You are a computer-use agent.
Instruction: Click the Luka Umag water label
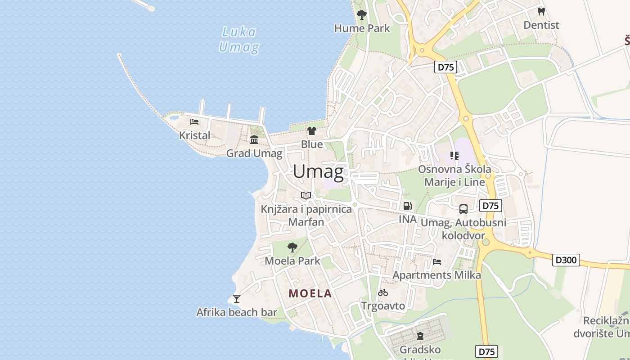click(x=239, y=39)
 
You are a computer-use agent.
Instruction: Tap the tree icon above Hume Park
click(x=361, y=15)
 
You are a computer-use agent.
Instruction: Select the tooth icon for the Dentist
click(x=541, y=12)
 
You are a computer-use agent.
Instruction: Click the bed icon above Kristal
click(x=194, y=122)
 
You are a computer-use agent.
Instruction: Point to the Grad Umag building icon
click(x=254, y=140)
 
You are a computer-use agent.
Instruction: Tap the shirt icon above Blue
click(x=311, y=131)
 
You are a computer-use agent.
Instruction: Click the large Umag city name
click(x=318, y=172)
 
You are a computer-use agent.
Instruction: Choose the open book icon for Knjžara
click(x=306, y=195)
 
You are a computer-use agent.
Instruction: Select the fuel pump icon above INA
click(x=407, y=206)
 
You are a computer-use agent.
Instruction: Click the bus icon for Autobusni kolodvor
click(x=463, y=209)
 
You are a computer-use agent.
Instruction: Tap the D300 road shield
click(x=566, y=260)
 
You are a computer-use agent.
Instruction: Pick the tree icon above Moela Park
click(x=292, y=247)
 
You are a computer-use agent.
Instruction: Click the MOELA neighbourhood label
click(x=310, y=293)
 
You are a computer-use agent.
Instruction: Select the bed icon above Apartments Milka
click(x=436, y=261)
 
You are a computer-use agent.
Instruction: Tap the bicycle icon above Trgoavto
click(x=383, y=292)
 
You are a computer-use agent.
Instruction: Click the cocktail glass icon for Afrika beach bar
click(x=237, y=298)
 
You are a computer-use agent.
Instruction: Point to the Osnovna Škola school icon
click(x=454, y=156)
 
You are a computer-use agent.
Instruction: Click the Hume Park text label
click(x=362, y=28)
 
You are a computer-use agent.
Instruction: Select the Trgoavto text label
click(x=383, y=306)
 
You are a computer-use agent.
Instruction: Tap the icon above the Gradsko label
click(x=420, y=336)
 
